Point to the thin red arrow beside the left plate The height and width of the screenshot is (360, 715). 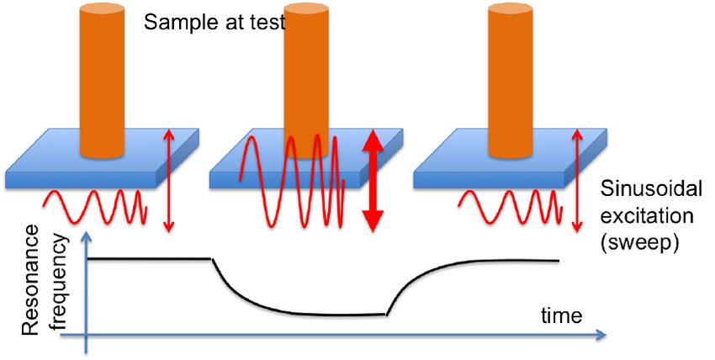(x=169, y=179)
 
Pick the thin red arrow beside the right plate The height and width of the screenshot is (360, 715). (x=577, y=179)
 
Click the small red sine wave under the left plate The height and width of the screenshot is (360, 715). (x=95, y=207)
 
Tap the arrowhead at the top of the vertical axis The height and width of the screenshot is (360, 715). (x=85, y=238)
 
